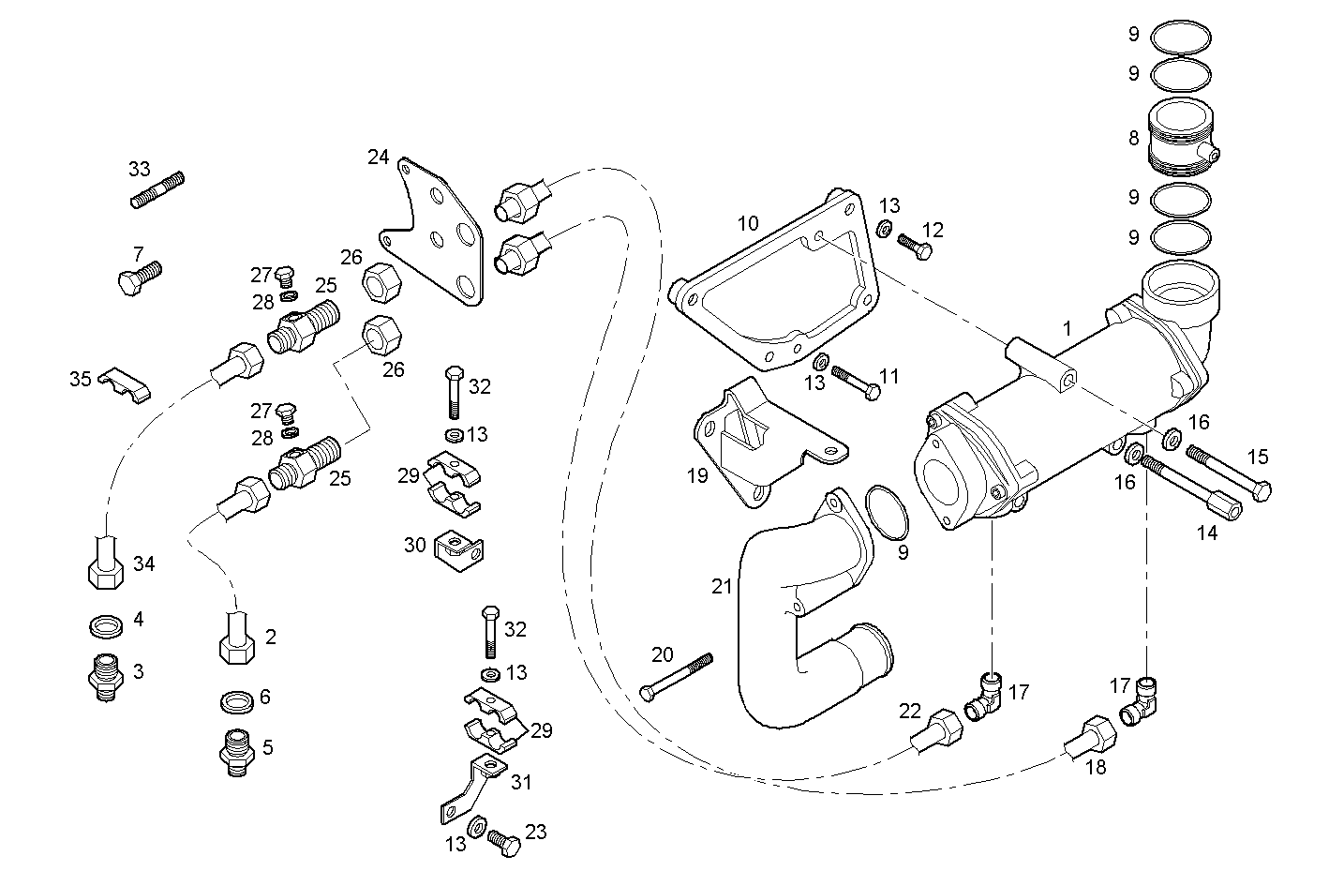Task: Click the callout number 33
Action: [x=139, y=170]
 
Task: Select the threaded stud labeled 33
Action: [x=157, y=189]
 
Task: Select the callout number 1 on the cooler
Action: [x=1067, y=329]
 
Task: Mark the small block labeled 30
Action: [x=459, y=550]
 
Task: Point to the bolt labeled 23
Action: [x=504, y=841]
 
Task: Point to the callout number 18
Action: [x=1095, y=767]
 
